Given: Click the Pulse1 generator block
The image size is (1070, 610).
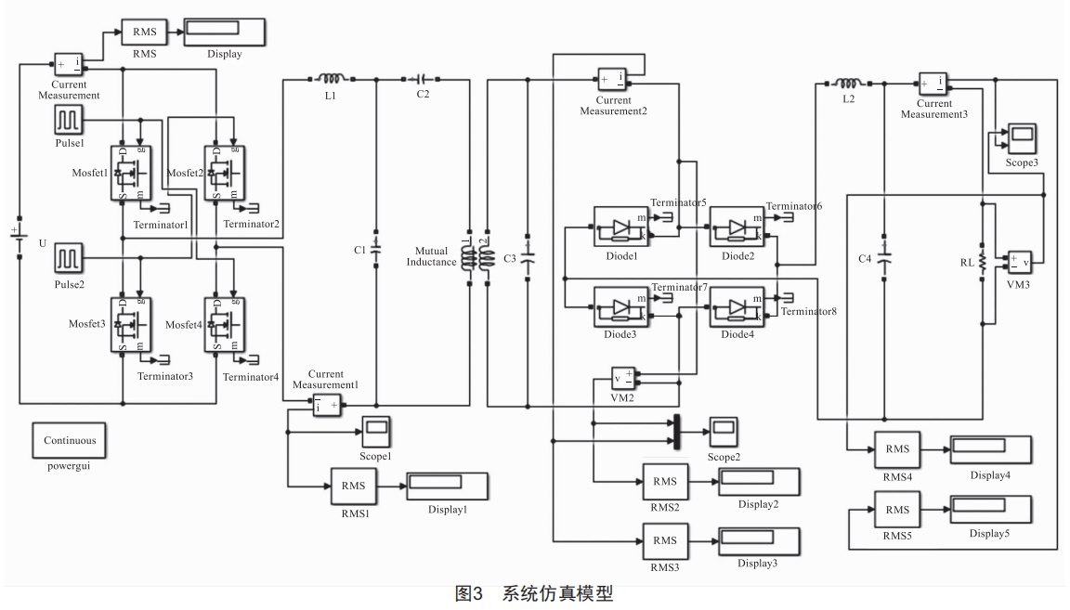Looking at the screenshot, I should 69,121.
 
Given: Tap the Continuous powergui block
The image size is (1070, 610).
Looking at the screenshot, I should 69,441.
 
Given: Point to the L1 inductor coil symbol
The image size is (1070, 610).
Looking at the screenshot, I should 331,80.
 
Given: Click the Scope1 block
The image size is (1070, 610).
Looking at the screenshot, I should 376,430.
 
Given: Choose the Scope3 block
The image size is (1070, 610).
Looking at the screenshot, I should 1022,137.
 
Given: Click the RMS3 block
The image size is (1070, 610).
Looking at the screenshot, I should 665,540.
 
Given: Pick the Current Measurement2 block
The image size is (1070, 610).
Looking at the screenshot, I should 612,80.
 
